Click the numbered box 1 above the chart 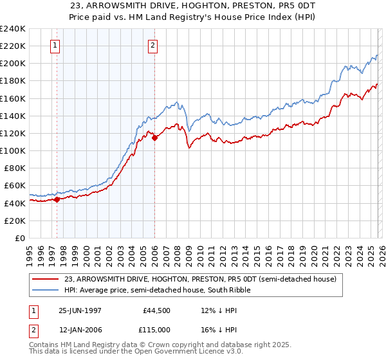[x=55, y=45]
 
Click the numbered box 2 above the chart [x=152, y=45]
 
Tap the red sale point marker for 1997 [x=57, y=199]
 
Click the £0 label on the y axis [x=20, y=238]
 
